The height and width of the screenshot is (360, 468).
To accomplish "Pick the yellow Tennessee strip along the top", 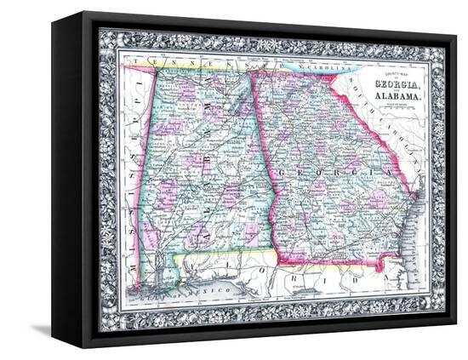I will pyautogui.click(x=196, y=66).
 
